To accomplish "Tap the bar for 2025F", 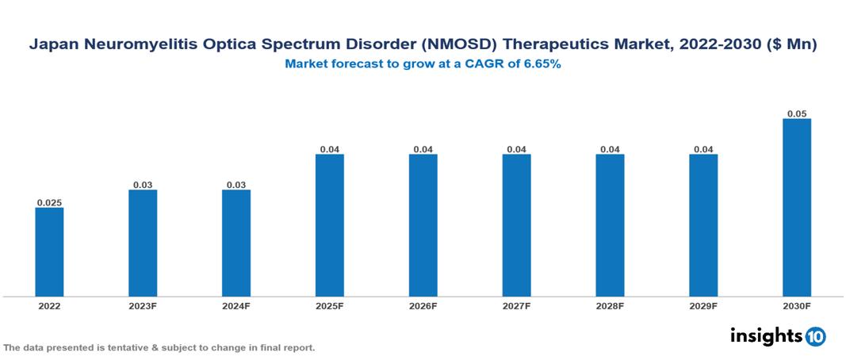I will tap(330, 225).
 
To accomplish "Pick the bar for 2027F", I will tap(516, 225).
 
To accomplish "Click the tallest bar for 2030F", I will tap(797, 208).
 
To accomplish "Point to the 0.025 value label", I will tap(49, 203).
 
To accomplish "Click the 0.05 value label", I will tap(797, 114).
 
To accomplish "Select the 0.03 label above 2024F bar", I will tap(236, 185).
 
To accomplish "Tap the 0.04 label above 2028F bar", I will tap(610, 149).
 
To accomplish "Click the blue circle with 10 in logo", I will tap(815, 337).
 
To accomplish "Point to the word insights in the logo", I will tap(766, 336).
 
